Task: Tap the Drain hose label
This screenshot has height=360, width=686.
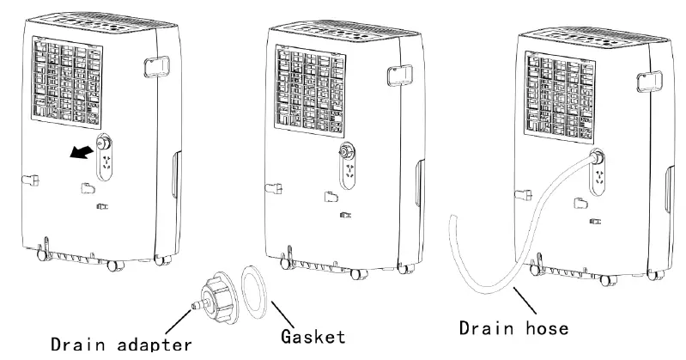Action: click(x=513, y=329)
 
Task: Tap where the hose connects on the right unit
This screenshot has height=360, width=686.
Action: click(x=594, y=157)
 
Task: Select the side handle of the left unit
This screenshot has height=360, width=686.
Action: click(x=157, y=67)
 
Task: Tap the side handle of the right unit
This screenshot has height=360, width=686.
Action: click(x=645, y=82)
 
